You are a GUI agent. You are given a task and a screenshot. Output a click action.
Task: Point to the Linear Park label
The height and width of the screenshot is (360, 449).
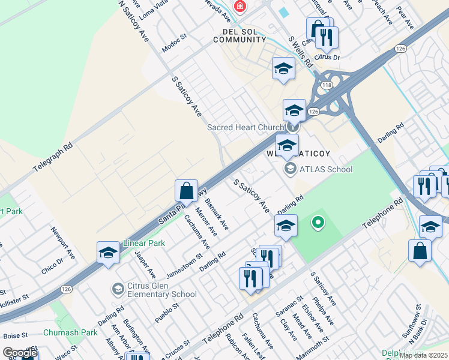[143, 243]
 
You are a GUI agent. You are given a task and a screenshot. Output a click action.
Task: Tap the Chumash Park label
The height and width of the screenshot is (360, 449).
[75, 332]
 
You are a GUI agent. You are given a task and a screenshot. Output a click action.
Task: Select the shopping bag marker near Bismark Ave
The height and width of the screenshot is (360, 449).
[186, 191]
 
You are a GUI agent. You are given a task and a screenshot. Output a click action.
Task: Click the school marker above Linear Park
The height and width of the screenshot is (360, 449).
[108, 253]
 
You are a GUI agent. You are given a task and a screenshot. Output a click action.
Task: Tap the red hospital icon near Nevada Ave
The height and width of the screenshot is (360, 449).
[240, 7]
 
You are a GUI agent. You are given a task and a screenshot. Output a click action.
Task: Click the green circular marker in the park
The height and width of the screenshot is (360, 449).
[318, 223]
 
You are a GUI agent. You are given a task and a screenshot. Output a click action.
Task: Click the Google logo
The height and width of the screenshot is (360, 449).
[20, 353]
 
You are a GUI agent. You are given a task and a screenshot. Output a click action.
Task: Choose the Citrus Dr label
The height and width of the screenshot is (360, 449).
[327, 58]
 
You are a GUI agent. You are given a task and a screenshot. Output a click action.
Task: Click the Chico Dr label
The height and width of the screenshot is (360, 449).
[53, 266]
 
